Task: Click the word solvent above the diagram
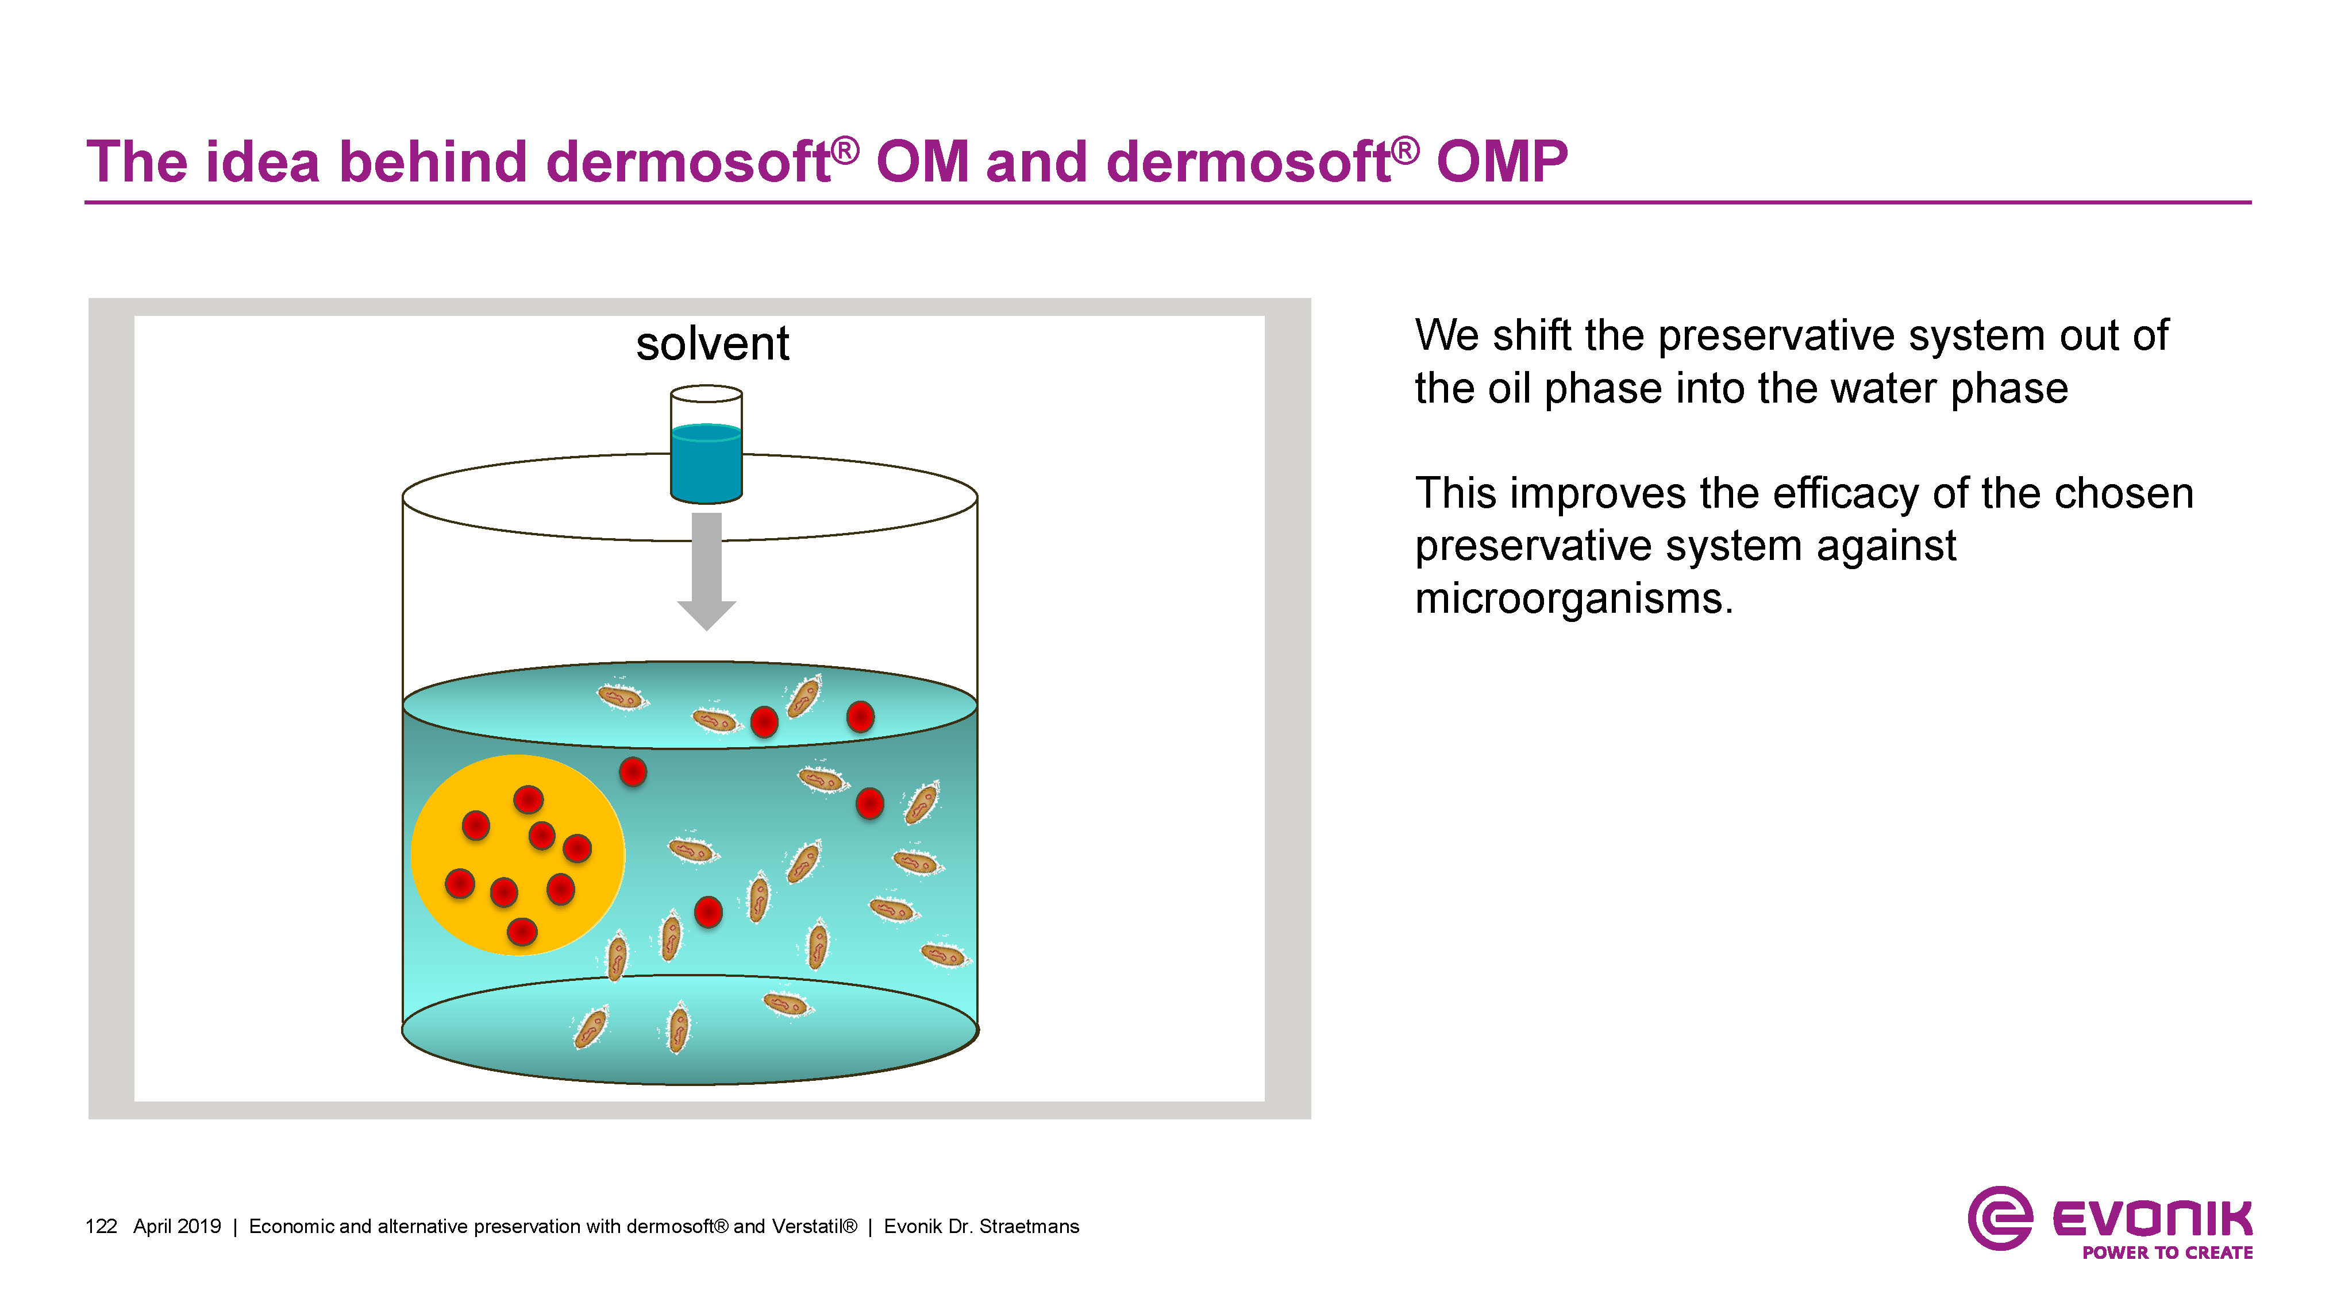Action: [712, 345]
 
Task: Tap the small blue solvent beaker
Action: [706, 458]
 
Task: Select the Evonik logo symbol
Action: [1999, 1218]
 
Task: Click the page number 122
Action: [101, 1227]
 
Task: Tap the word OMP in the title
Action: [1501, 163]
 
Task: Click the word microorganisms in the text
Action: [1573, 600]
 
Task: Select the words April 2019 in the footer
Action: [177, 1227]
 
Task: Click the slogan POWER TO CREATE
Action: [2166, 1253]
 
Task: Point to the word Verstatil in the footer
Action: [813, 1227]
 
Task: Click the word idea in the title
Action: [263, 163]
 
